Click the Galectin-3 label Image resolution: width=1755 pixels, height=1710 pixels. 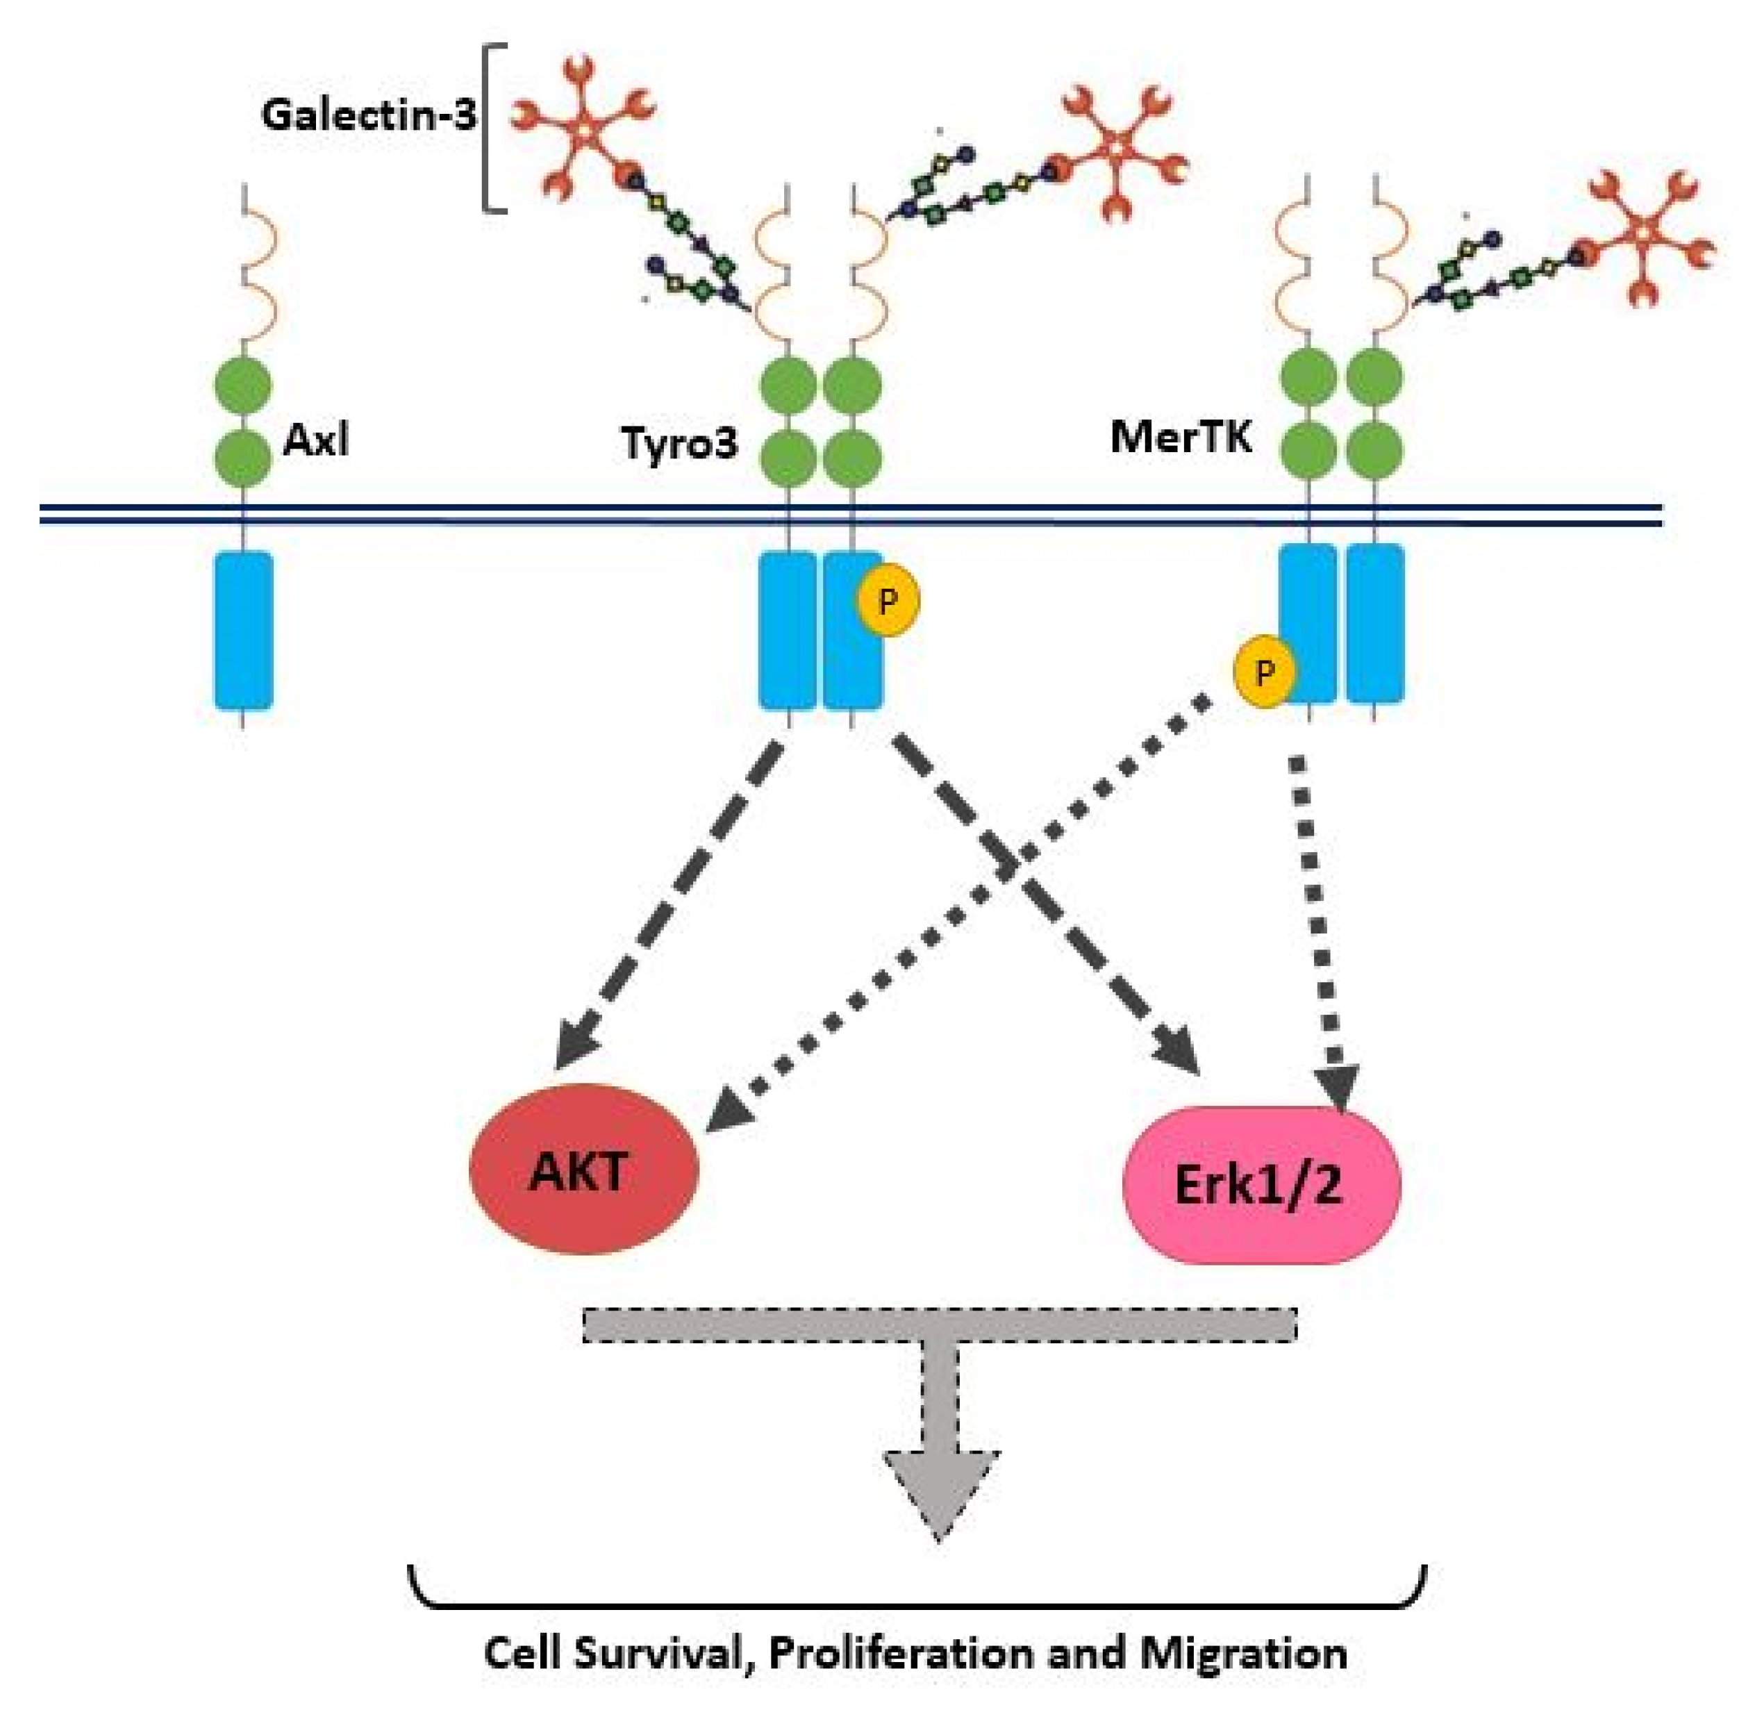click(368, 115)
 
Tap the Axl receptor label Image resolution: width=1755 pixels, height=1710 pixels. click(315, 440)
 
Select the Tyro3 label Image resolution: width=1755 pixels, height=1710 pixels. click(679, 442)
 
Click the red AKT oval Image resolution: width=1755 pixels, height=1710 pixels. click(584, 1170)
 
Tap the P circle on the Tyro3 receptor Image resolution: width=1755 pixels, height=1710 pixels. click(888, 600)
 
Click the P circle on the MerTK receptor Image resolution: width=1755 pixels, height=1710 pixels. click(1265, 672)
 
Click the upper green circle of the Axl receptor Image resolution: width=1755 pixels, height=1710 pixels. click(242, 386)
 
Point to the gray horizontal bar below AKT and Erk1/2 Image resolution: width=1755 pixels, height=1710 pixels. click(940, 1324)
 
